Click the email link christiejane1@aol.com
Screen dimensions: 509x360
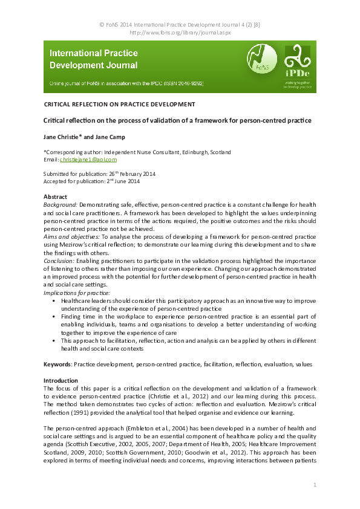point(88,160)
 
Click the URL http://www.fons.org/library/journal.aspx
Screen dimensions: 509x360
point(180,33)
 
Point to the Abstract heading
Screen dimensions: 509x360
point(56,197)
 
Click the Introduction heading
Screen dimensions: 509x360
point(61,380)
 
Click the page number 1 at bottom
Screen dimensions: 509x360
point(315,485)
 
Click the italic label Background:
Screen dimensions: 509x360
point(61,206)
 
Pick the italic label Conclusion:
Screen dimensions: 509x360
point(59,261)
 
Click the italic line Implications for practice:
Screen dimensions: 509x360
point(77,293)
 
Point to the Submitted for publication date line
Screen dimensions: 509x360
point(99,174)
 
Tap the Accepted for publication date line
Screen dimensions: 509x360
point(91,181)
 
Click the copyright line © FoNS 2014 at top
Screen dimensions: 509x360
point(180,25)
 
